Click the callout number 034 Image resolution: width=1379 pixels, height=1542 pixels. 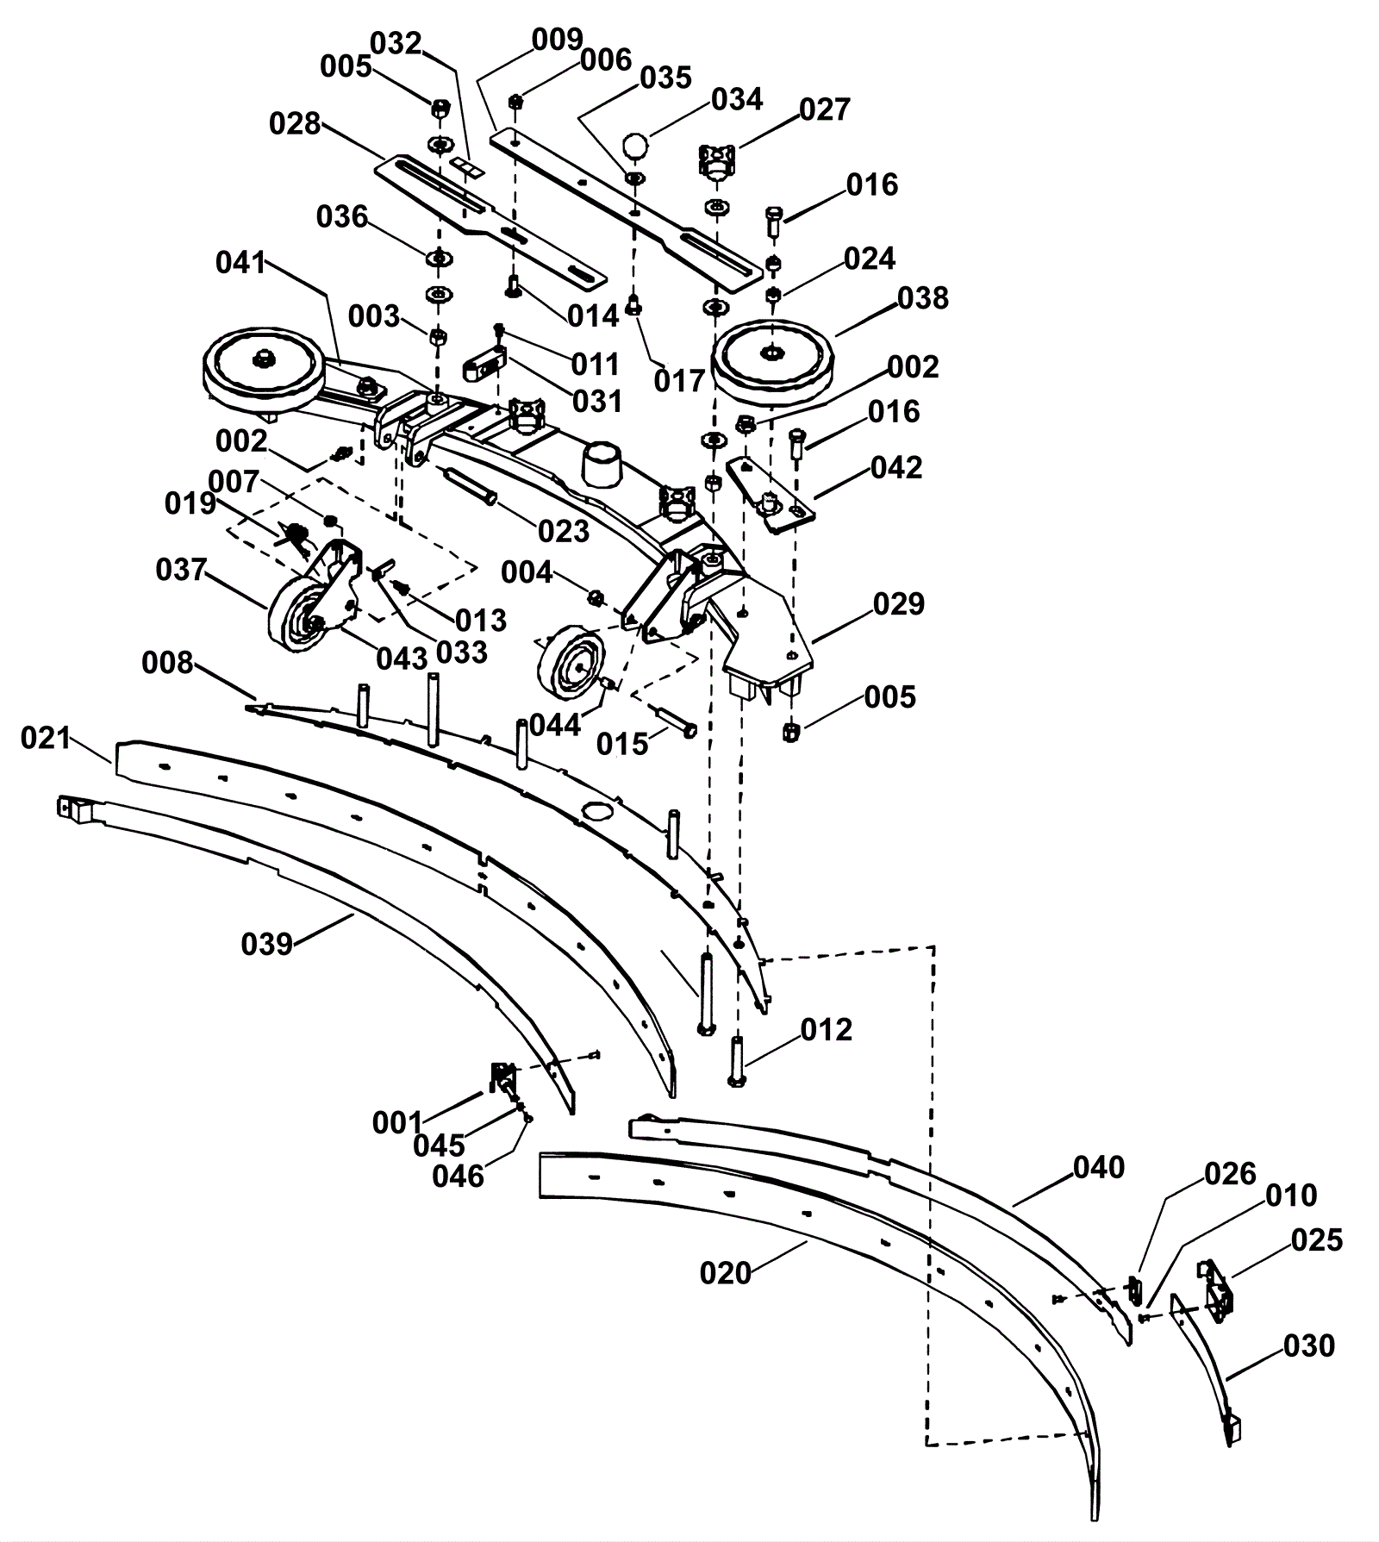[x=737, y=100]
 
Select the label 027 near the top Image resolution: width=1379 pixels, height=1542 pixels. [x=825, y=110]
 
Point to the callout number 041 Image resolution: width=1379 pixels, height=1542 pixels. [x=241, y=263]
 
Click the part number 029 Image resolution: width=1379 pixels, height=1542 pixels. [x=899, y=604]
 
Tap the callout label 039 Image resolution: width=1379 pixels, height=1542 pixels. [x=267, y=945]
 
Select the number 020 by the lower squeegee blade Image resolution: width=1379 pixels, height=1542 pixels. [x=726, y=1273]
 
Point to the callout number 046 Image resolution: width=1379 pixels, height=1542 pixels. [x=459, y=1176]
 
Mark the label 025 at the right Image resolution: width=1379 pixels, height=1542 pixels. [x=1317, y=1240]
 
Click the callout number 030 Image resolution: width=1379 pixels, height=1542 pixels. [x=1309, y=1345]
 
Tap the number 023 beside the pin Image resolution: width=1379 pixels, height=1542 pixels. [x=564, y=531]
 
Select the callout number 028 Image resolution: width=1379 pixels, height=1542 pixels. [x=295, y=124]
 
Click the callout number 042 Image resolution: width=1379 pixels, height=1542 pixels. [x=896, y=468]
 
